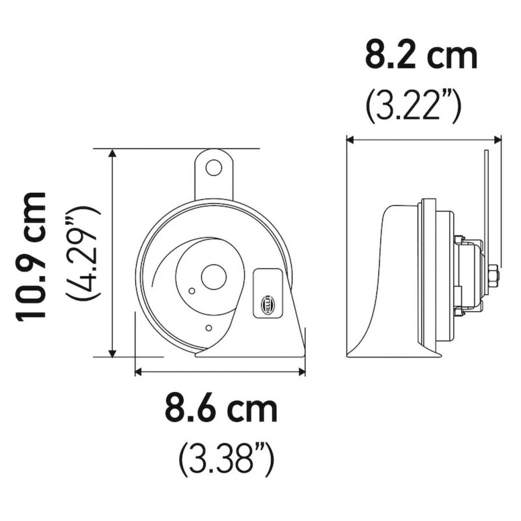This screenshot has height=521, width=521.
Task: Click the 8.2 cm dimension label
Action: click(421, 57)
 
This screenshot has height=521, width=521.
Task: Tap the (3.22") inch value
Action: click(414, 107)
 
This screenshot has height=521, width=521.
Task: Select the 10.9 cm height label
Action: click(31, 257)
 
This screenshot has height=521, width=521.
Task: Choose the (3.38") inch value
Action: click(227, 459)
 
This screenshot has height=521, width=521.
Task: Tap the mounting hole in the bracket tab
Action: click(214, 167)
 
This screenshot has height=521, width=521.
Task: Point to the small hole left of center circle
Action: click(191, 291)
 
